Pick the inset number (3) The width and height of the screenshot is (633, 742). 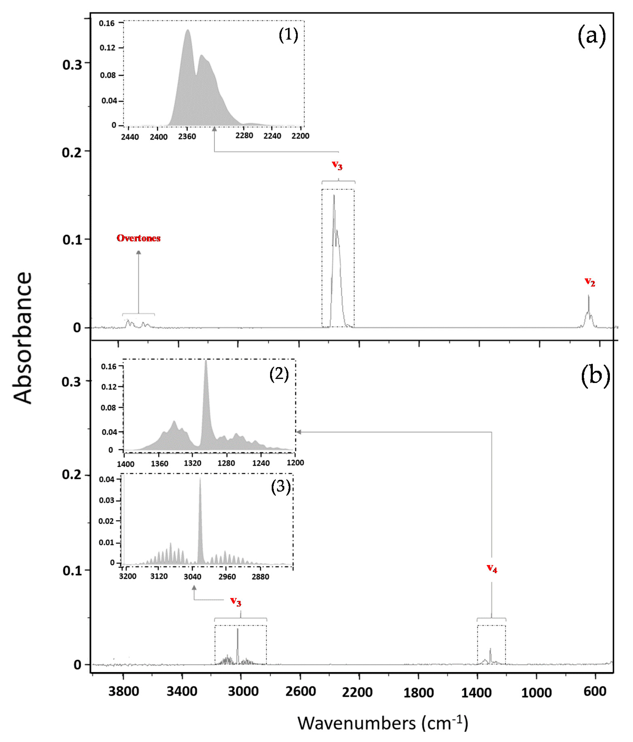coord(281,486)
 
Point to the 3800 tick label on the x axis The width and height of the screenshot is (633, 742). coord(124,691)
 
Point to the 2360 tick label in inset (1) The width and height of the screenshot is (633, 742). coord(187,136)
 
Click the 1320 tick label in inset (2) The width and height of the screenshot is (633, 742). coord(192,463)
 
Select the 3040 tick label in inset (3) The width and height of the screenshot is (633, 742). coord(192,577)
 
